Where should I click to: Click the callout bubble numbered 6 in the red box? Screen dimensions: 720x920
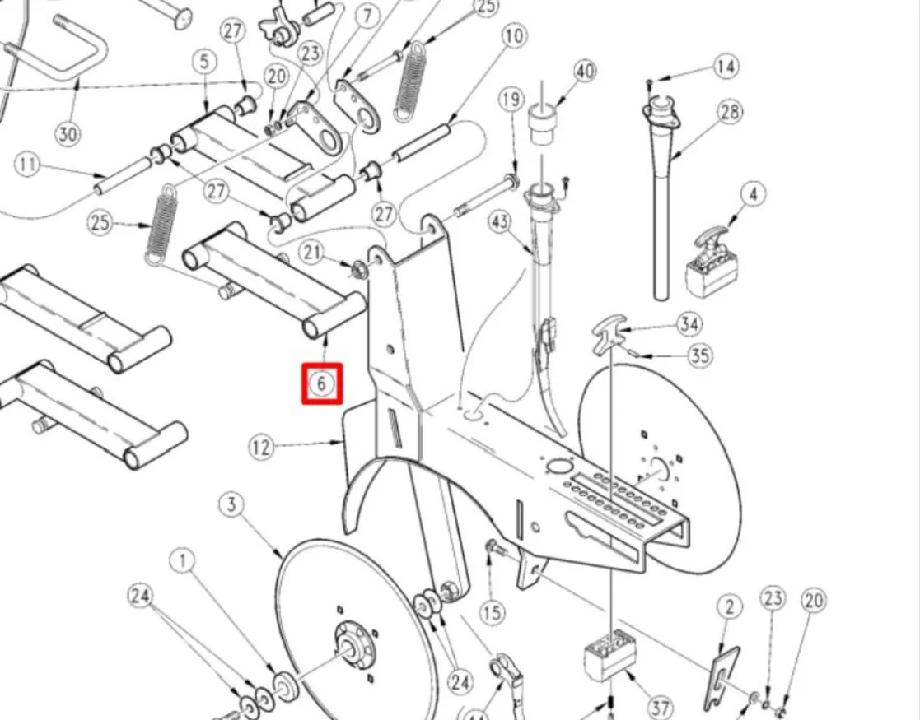point(322,383)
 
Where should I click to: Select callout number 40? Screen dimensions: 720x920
point(584,72)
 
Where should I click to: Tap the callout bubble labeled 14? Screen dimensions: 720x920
point(726,66)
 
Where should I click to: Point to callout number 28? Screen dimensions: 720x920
point(730,112)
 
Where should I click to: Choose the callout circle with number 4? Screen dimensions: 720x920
point(752,195)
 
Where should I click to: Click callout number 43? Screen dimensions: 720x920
point(501,222)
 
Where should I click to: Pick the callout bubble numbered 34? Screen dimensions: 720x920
point(689,324)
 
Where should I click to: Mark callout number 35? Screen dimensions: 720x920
point(700,355)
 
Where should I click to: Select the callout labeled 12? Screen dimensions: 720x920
point(261,448)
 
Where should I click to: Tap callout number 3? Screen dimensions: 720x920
point(232,504)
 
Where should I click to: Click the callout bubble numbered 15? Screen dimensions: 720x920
point(492,612)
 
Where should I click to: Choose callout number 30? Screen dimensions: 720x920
point(68,132)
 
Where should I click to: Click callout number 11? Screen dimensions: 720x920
point(28,165)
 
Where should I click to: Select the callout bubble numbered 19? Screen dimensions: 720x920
point(511,100)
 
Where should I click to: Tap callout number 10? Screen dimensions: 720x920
point(514,36)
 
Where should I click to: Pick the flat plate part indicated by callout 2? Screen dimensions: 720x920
point(722,678)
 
